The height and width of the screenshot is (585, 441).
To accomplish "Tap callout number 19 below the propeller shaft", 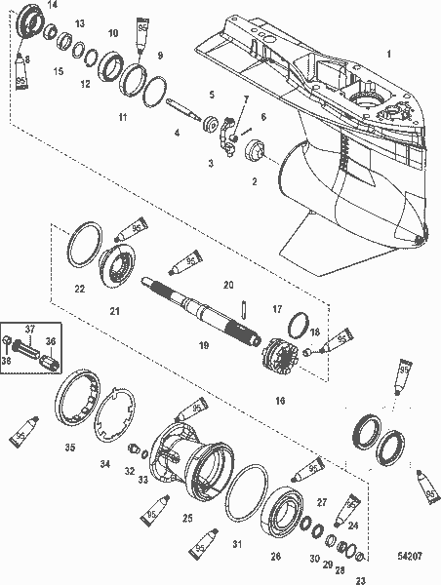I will pos(204,345).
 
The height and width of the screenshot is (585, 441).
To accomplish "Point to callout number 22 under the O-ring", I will pos(80,289).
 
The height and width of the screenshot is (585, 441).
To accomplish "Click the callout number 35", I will pos(69,448).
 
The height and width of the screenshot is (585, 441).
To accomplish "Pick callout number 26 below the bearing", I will pos(275,557).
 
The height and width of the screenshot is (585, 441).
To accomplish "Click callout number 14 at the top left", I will pos(52,6).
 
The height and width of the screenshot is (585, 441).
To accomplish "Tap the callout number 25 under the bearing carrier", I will pos(187,518).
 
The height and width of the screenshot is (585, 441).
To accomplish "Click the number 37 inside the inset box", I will pos(29,329).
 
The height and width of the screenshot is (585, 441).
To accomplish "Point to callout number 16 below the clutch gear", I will pos(281,400).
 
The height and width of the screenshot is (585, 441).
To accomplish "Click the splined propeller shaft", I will pos(195,301).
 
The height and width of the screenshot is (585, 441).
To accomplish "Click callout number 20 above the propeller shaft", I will pos(228,284).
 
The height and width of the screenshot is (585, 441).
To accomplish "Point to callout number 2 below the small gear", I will pos(255,181).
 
